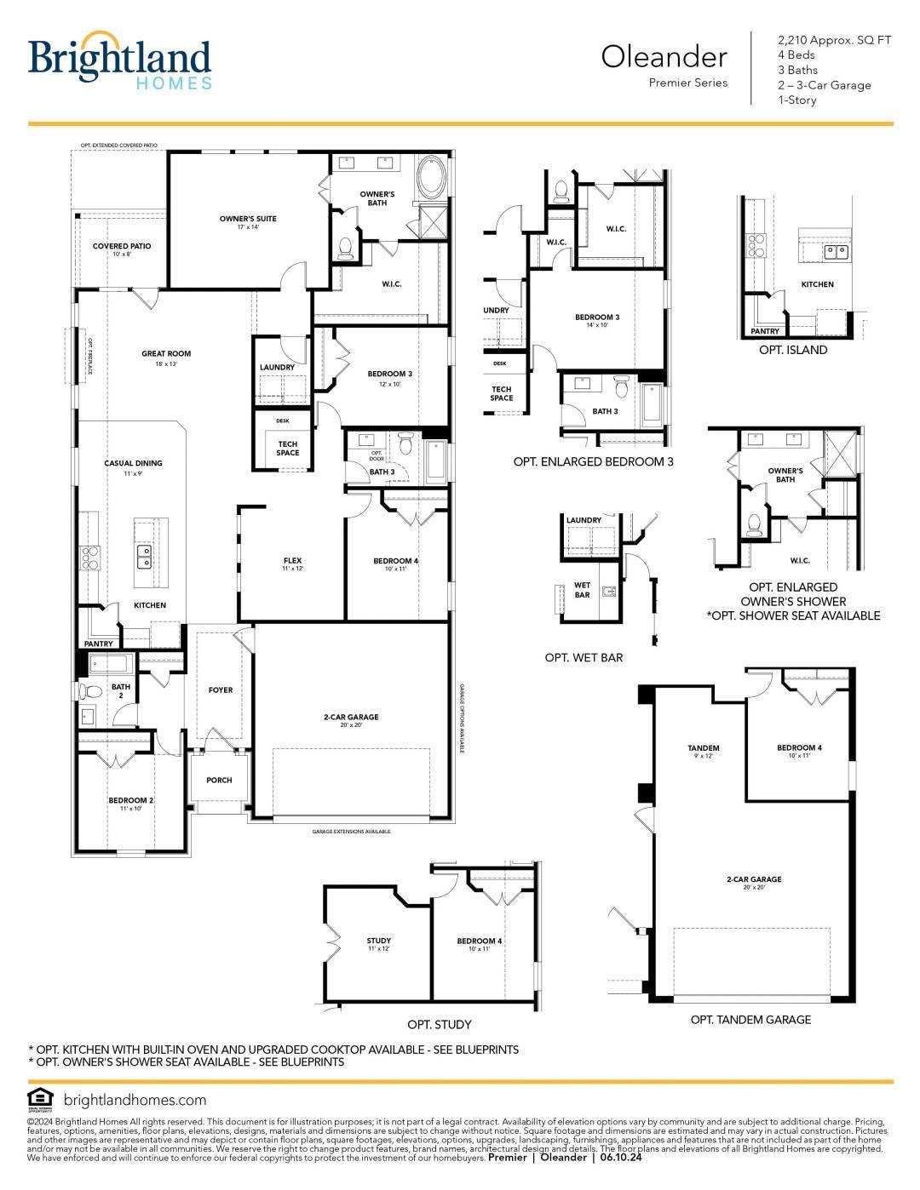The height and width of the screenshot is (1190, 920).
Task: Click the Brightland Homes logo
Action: [119, 61]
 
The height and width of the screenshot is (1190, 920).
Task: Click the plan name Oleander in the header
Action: [664, 57]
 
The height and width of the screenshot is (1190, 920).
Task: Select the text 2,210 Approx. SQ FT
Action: [834, 40]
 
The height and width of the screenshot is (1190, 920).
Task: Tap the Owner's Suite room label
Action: [248, 220]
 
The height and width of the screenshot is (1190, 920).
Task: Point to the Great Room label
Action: [166, 354]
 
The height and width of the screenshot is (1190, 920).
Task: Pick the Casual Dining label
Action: [133, 464]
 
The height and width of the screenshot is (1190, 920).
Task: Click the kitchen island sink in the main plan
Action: [145, 558]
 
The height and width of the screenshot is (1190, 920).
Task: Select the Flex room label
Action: [292, 561]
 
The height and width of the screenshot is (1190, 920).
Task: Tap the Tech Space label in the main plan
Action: [288, 449]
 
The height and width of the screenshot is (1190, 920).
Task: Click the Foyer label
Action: [220, 690]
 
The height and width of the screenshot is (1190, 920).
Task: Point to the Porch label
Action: [219, 780]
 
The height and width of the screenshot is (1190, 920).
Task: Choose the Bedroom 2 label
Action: [130, 801]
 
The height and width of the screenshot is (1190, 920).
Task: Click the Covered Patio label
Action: [122, 247]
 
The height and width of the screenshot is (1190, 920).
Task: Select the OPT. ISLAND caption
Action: [792, 350]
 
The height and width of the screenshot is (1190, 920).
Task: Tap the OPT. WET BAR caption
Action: [584, 658]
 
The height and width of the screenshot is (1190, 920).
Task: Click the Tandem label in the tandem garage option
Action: [704, 749]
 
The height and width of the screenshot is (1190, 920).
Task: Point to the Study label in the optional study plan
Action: [378, 941]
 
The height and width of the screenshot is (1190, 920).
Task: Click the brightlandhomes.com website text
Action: [135, 1100]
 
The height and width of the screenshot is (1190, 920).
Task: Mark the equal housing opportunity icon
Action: [39, 1099]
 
